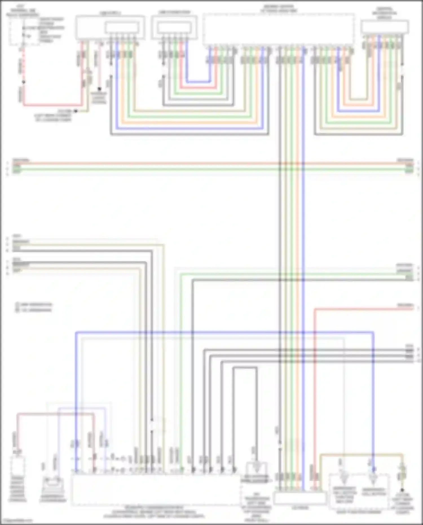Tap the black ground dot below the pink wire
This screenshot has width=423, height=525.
(x=99, y=89)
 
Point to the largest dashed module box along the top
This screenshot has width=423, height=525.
(x=278, y=29)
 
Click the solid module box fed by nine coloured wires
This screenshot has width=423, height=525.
(x=385, y=27)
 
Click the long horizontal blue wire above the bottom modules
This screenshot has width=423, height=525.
(x=226, y=332)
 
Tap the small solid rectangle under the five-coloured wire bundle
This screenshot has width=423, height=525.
(x=300, y=498)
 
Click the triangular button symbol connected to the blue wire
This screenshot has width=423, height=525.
(x=373, y=477)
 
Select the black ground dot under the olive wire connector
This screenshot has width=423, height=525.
(x=402, y=490)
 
